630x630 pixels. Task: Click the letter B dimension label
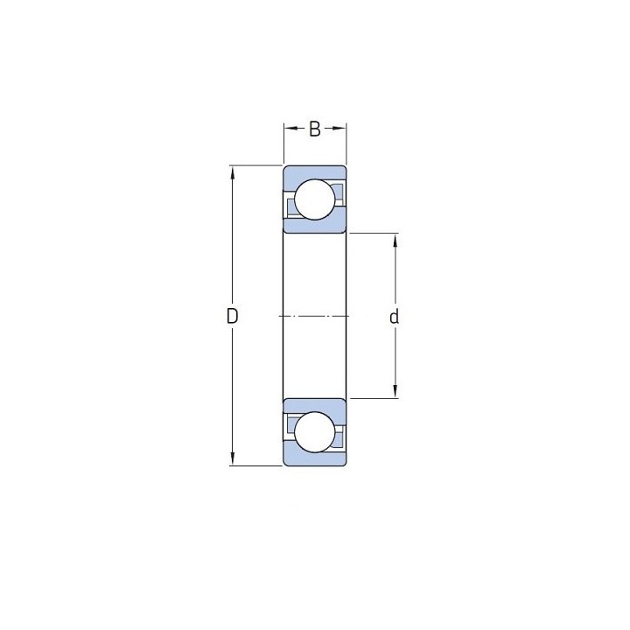click(x=315, y=129)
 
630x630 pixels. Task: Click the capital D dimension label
click(x=232, y=316)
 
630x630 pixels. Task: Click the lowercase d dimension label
click(x=395, y=317)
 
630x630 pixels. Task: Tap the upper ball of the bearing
click(x=315, y=199)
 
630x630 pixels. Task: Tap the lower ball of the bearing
click(x=315, y=432)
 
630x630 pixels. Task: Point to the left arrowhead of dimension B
click(x=290, y=128)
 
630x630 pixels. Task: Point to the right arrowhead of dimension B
click(x=339, y=128)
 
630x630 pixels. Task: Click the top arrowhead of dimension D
click(x=232, y=172)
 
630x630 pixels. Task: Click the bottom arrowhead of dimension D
click(x=232, y=458)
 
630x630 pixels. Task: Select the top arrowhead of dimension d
click(x=395, y=241)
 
